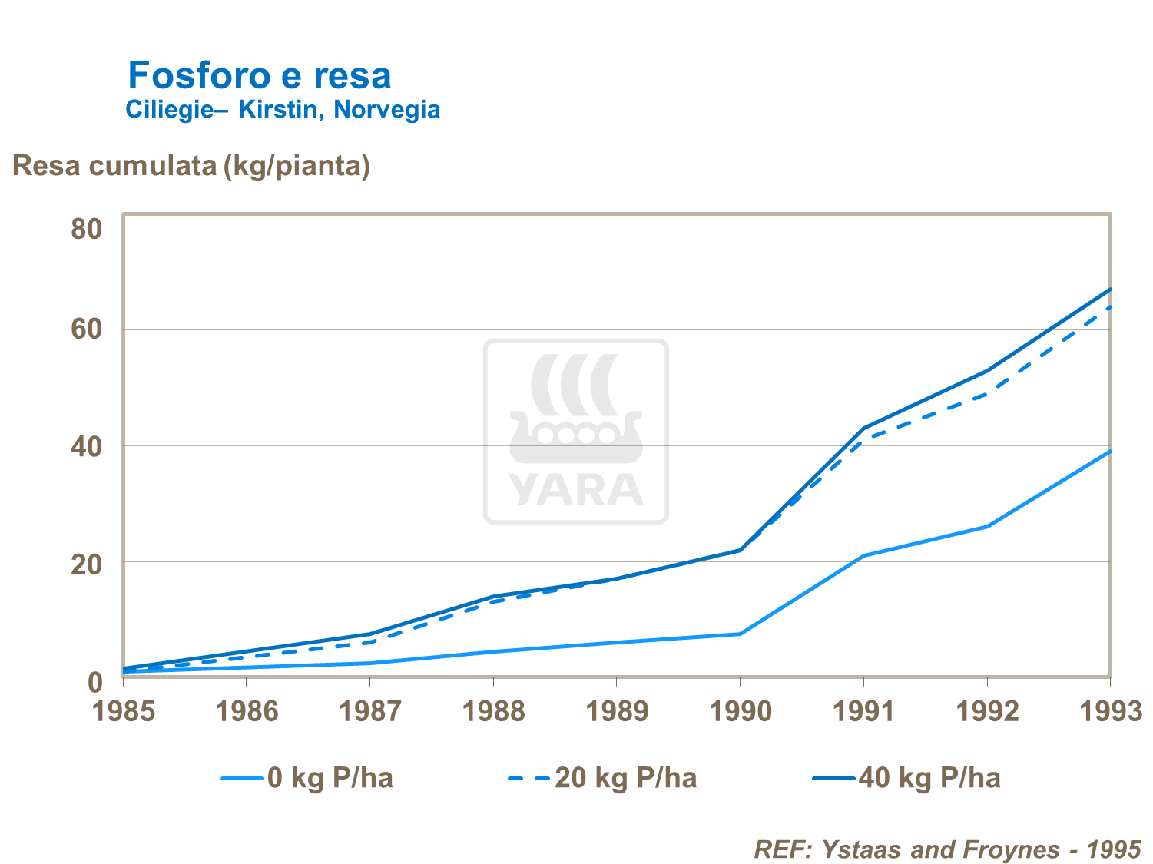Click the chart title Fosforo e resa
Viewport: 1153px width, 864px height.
click(x=259, y=75)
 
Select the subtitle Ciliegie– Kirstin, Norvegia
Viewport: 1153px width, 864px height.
click(x=283, y=110)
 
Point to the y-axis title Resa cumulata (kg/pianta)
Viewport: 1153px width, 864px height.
click(x=191, y=165)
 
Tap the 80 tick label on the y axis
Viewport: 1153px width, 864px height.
click(x=87, y=229)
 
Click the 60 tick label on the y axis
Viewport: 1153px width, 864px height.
click(x=87, y=329)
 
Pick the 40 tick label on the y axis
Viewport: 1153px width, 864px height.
click(x=87, y=446)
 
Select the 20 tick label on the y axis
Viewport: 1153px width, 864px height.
click(x=87, y=564)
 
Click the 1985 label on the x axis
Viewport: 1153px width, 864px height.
click(x=124, y=711)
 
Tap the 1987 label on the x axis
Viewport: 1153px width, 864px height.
click(x=370, y=711)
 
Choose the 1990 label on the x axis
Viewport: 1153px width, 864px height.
click(x=741, y=711)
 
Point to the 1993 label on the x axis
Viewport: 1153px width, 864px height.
click(x=1111, y=711)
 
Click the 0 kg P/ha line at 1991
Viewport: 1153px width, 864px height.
click(x=864, y=555)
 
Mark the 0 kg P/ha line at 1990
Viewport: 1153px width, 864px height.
click(x=740, y=634)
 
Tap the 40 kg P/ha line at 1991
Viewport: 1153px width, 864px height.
click(x=864, y=428)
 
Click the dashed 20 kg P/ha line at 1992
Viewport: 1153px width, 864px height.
click(x=987, y=394)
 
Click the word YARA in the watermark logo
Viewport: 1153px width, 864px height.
click(x=575, y=489)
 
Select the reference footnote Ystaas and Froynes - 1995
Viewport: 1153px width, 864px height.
click(x=947, y=849)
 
